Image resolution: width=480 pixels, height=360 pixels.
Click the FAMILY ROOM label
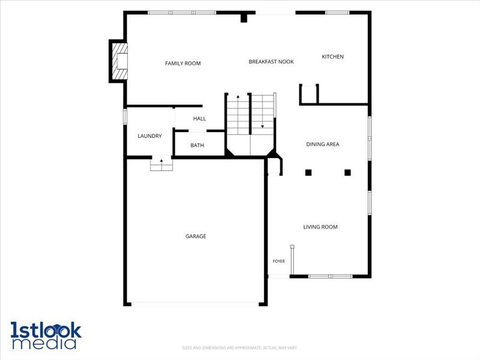(x=183, y=64)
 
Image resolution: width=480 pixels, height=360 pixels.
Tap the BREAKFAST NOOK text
(x=271, y=62)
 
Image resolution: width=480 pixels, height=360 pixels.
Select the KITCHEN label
(x=332, y=56)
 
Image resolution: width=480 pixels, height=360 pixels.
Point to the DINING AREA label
(x=323, y=144)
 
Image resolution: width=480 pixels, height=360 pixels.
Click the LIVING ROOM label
(x=320, y=227)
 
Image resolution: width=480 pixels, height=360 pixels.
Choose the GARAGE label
(x=196, y=236)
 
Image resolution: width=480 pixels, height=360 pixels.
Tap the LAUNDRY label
(x=149, y=136)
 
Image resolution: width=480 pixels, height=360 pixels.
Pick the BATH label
(x=197, y=145)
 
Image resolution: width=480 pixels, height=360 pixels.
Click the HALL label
(x=199, y=118)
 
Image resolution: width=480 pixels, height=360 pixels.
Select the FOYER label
(x=278, y=261)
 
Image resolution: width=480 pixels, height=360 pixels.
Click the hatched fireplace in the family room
(x=119, y=61)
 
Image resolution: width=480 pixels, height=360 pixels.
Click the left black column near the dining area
(x=308, y=172)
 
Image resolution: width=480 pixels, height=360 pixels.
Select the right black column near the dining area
(x=347, y=172)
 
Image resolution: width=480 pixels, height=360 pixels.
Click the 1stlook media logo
(x=46, y=335)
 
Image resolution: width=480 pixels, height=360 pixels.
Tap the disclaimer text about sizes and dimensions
(x=239, y=348)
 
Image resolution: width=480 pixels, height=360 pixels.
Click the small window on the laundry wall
(x=125, y=116)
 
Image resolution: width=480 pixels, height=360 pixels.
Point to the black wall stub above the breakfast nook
(x=244, y=18)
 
